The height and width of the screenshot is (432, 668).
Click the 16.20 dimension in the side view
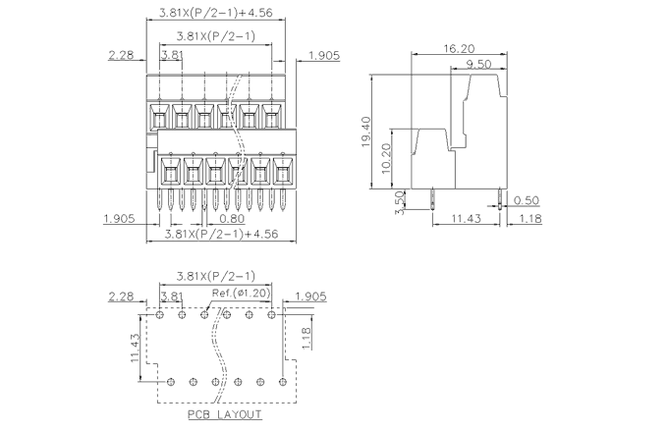pyautogui.click(x=460, y=47)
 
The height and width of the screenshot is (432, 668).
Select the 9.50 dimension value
pyautogui.click(x=478, y=64)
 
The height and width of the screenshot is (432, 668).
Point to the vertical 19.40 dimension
pyautogui.click(x=365, y=132)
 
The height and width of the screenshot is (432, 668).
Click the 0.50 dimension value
pyautogui.click(x=527, y=200)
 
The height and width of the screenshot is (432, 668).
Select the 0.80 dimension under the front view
pyautogui.click(x=232, y=218)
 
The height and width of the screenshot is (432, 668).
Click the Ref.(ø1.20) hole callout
pyautogui.click(x=241, y=294)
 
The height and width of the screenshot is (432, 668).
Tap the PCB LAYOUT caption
pyautogui.click(x=225, y=414)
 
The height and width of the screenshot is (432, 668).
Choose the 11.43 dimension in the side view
pyautogui.click(x=466, y=218)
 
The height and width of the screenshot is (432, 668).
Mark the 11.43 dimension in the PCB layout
pyautogui.click(x=134, y=349)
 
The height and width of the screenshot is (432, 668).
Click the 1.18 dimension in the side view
pyautogui.click(x=529, y=218)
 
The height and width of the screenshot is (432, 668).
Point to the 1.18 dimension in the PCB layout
pyautogui.click(x=306, y=338)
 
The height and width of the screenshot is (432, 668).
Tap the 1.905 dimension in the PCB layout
pyautogui.click(x=309, y=295)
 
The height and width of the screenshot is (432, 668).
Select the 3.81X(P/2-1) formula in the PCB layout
pyautogui.click(x=215, y=276)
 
